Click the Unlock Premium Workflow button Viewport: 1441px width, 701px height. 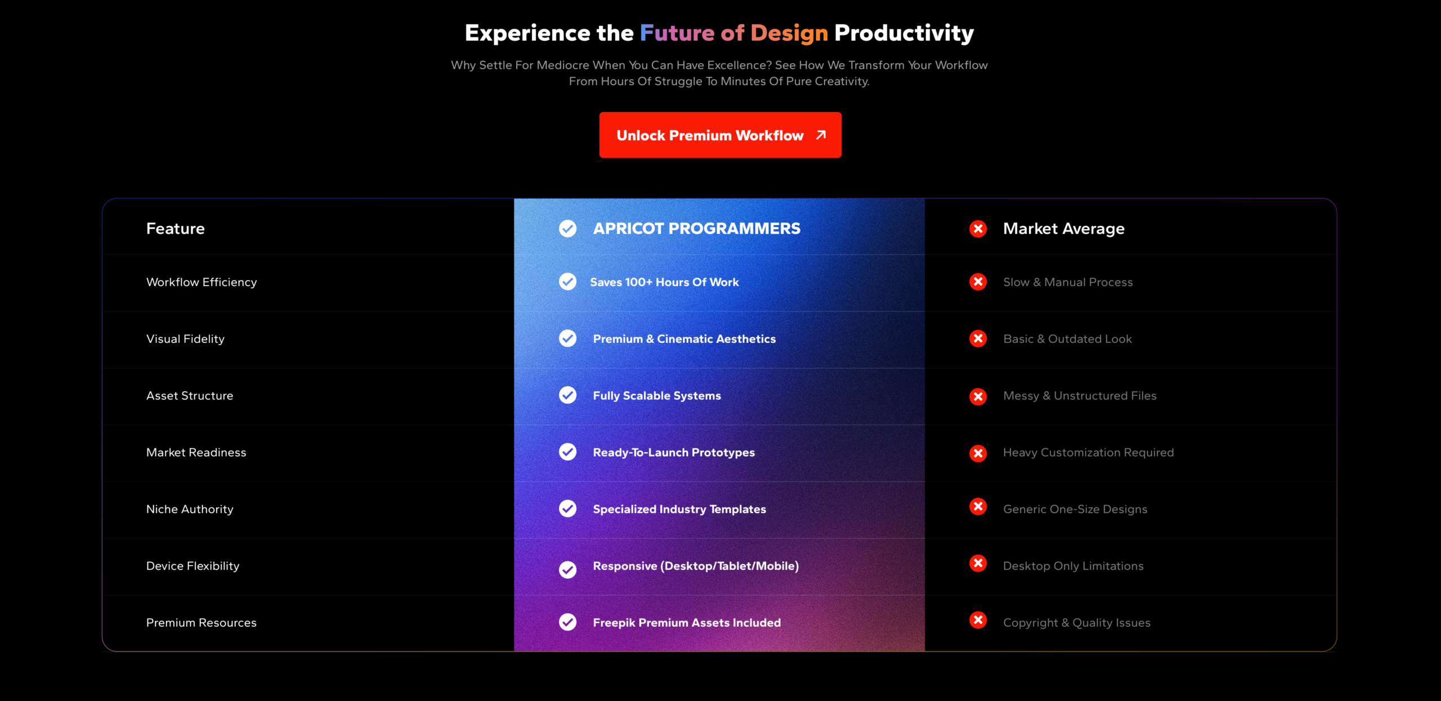[720, 135]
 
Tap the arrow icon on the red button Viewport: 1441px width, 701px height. [821, 135]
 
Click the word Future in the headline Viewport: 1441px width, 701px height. [677, 33]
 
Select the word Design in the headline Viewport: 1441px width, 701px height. [789, 34]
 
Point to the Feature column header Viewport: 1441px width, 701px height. [176, 229]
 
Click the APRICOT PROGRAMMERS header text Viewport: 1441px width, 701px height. [697, 229]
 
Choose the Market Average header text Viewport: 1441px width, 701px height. [1064, 229]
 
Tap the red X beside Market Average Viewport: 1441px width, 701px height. [978, 229]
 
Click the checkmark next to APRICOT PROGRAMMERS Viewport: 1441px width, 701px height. [567, 229]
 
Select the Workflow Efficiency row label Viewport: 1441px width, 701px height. [202, 282]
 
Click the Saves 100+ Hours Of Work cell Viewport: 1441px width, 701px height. [664, 282]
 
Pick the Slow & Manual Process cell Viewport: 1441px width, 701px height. [1068, 282]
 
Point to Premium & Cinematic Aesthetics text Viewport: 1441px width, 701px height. [684, 339]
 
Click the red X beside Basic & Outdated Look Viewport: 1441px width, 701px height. [978, 338]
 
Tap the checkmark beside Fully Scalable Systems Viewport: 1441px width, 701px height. [567, 395]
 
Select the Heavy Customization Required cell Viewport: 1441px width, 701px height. [1089, 453]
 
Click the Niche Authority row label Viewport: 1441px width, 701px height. [190, 509]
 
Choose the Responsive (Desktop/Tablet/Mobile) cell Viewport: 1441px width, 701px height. [696, 566]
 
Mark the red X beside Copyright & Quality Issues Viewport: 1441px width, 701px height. [978, 620]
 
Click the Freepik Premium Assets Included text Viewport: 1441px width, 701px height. [687, 623]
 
